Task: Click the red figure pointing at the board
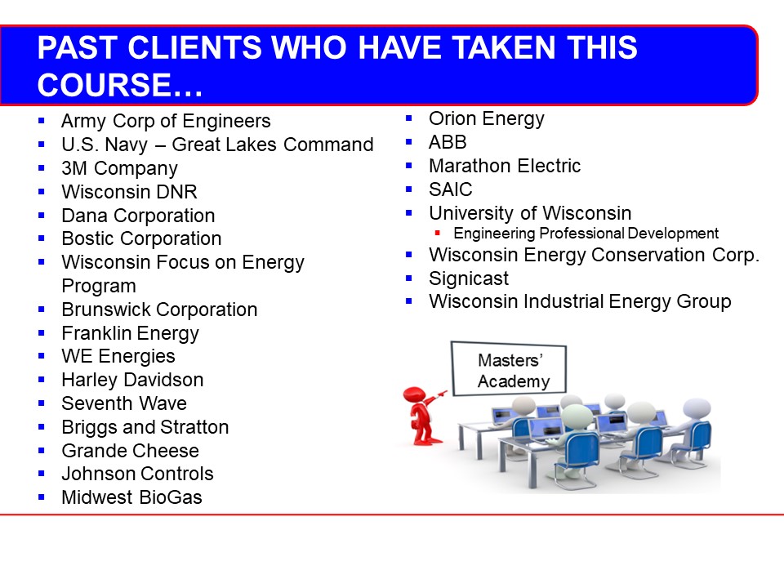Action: coord(423,416)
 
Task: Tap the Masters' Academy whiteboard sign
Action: coord(509,368)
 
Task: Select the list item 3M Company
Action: coord(119,168)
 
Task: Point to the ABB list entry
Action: coord(448,142)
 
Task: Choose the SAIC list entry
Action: coord(451,189)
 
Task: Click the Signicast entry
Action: coord(469,278)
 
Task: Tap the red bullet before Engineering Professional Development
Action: coord(438,233)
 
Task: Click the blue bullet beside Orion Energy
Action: coord(409,118)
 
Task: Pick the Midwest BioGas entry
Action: coord(132,497)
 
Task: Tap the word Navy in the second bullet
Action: coord(127,145)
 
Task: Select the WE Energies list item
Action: coord(118,357)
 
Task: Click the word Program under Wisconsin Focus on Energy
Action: coord(99,286)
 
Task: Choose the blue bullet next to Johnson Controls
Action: coord(42,474)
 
